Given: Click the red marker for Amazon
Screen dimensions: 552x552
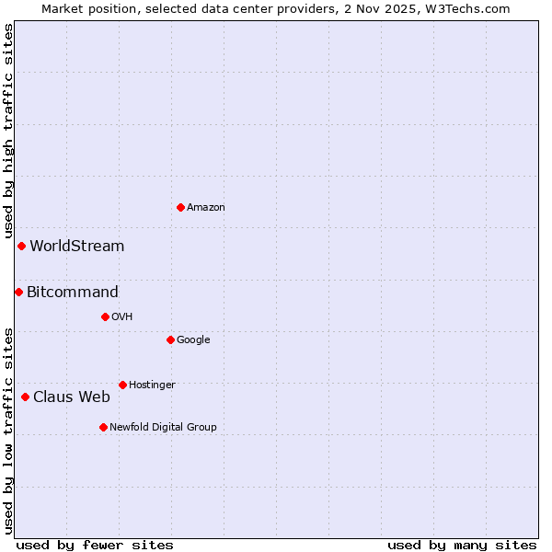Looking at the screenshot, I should click(180, 207).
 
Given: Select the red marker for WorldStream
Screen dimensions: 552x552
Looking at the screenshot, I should click(21, 246).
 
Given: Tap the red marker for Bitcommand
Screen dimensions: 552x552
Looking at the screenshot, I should click(18, 292).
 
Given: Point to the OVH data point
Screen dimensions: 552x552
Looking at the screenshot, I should click(105, 316).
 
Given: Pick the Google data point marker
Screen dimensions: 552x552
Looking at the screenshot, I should click(170, 339).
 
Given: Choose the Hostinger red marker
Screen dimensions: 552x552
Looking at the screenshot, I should click(122, 385).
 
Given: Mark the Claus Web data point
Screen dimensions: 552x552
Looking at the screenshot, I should click(25, 397).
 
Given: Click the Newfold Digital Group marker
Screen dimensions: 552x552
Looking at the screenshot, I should click(103, 427).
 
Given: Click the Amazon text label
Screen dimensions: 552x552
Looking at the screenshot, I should click(206, 208).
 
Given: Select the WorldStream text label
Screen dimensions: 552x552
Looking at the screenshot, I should click(77, 247).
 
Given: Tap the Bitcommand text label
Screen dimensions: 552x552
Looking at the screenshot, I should click(73, 293).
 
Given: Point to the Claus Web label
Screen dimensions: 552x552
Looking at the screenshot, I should click(72, 397).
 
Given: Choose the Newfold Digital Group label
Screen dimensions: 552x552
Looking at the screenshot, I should click(163, 427).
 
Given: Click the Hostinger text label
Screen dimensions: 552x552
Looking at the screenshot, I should click(152, 385).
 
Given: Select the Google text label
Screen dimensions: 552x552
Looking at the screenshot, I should click(193, 340).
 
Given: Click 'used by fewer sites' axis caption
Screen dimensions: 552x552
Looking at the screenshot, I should click(95, 546).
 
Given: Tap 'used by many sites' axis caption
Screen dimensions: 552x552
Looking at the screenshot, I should click(462, 546).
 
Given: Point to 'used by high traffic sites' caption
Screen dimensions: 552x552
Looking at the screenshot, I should click(9, 132).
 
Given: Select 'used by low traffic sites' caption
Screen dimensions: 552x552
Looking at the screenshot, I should click(9, 431).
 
